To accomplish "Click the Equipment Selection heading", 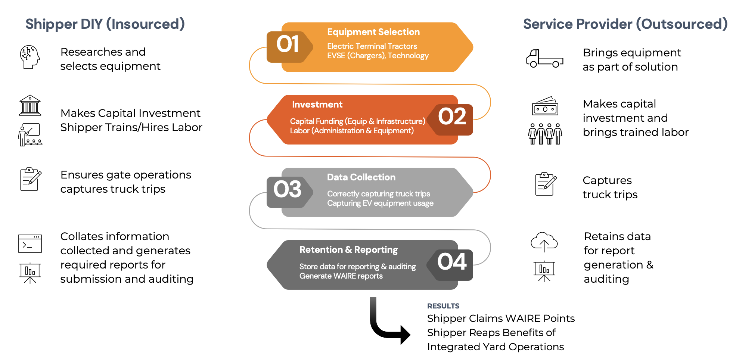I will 373,32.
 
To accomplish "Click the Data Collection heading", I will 361,177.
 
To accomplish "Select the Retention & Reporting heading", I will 348,250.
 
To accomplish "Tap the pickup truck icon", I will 544,59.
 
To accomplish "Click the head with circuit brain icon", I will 30,57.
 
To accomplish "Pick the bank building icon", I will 30,105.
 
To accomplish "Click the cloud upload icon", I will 544,241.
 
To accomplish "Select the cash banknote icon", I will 545,106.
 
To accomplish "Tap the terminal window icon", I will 30,243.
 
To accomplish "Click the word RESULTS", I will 443,306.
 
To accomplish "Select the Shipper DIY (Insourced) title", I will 105,24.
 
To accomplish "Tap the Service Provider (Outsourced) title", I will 625,24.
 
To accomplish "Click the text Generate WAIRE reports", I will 341,276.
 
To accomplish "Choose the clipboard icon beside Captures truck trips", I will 545,184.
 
